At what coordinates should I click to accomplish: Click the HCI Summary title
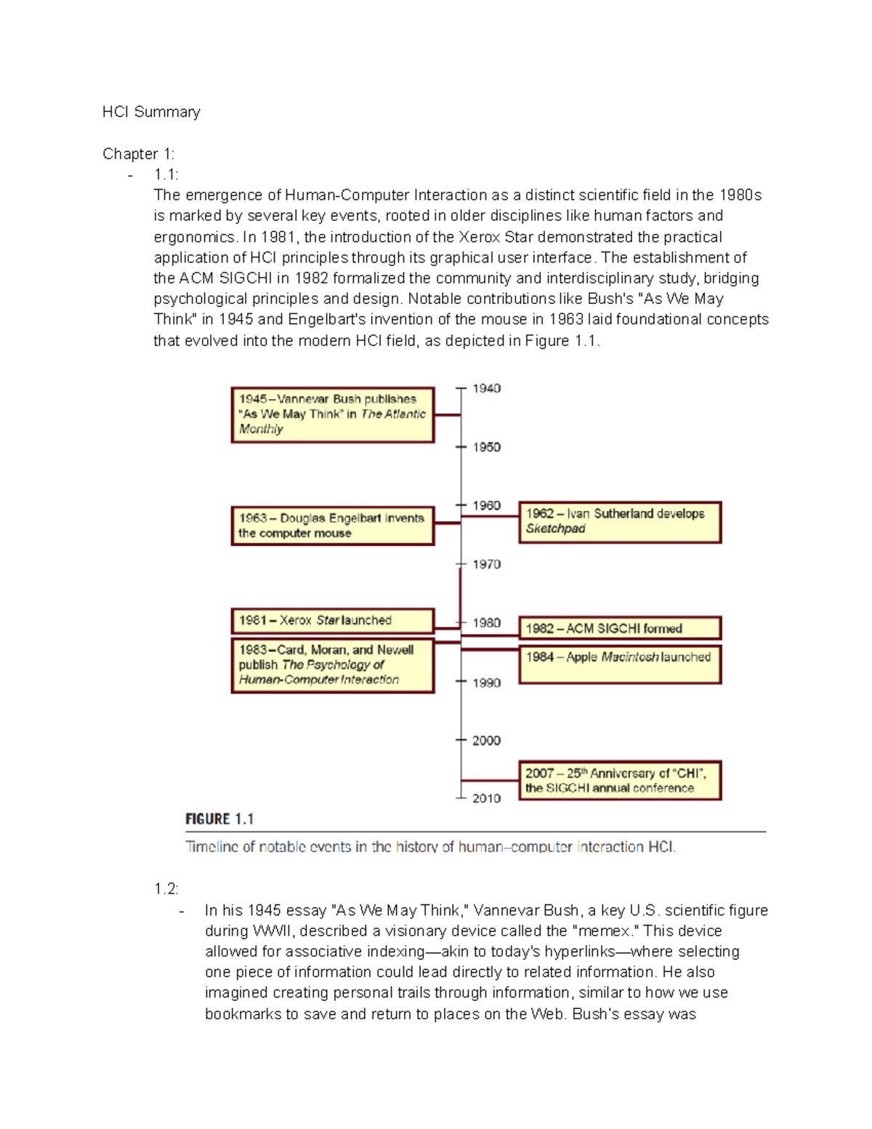151,112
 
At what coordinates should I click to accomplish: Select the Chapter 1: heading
138,154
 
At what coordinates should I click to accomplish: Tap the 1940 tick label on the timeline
486,389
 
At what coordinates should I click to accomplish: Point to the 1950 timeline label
486,447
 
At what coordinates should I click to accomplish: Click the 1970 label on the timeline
486,564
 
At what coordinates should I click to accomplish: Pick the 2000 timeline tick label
486,741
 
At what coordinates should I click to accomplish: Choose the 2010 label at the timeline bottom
486,798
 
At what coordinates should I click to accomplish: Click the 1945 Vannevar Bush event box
333,414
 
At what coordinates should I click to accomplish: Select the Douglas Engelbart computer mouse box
333,526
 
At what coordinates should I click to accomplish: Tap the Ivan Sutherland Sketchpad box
619,522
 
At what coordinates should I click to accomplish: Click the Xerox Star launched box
333,621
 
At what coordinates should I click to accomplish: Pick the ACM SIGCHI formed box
619,628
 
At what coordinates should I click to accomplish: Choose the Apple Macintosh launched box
619,664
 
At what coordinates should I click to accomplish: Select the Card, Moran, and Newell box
333,665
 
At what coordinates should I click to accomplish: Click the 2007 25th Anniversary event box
619,780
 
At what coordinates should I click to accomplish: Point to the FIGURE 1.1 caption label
219,819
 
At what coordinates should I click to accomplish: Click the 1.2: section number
166,889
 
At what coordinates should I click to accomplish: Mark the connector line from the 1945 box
448,415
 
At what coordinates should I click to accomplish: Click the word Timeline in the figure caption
211,847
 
